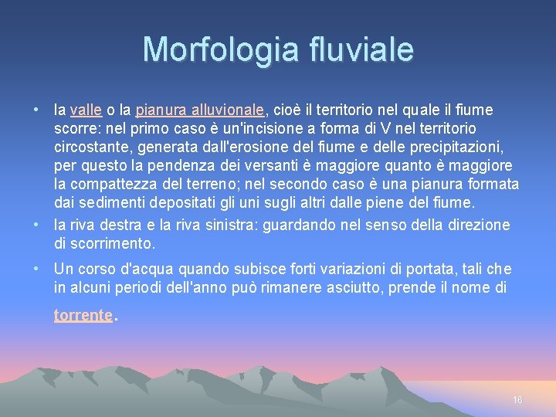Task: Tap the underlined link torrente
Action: (83, 316)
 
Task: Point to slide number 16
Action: (517, 400)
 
